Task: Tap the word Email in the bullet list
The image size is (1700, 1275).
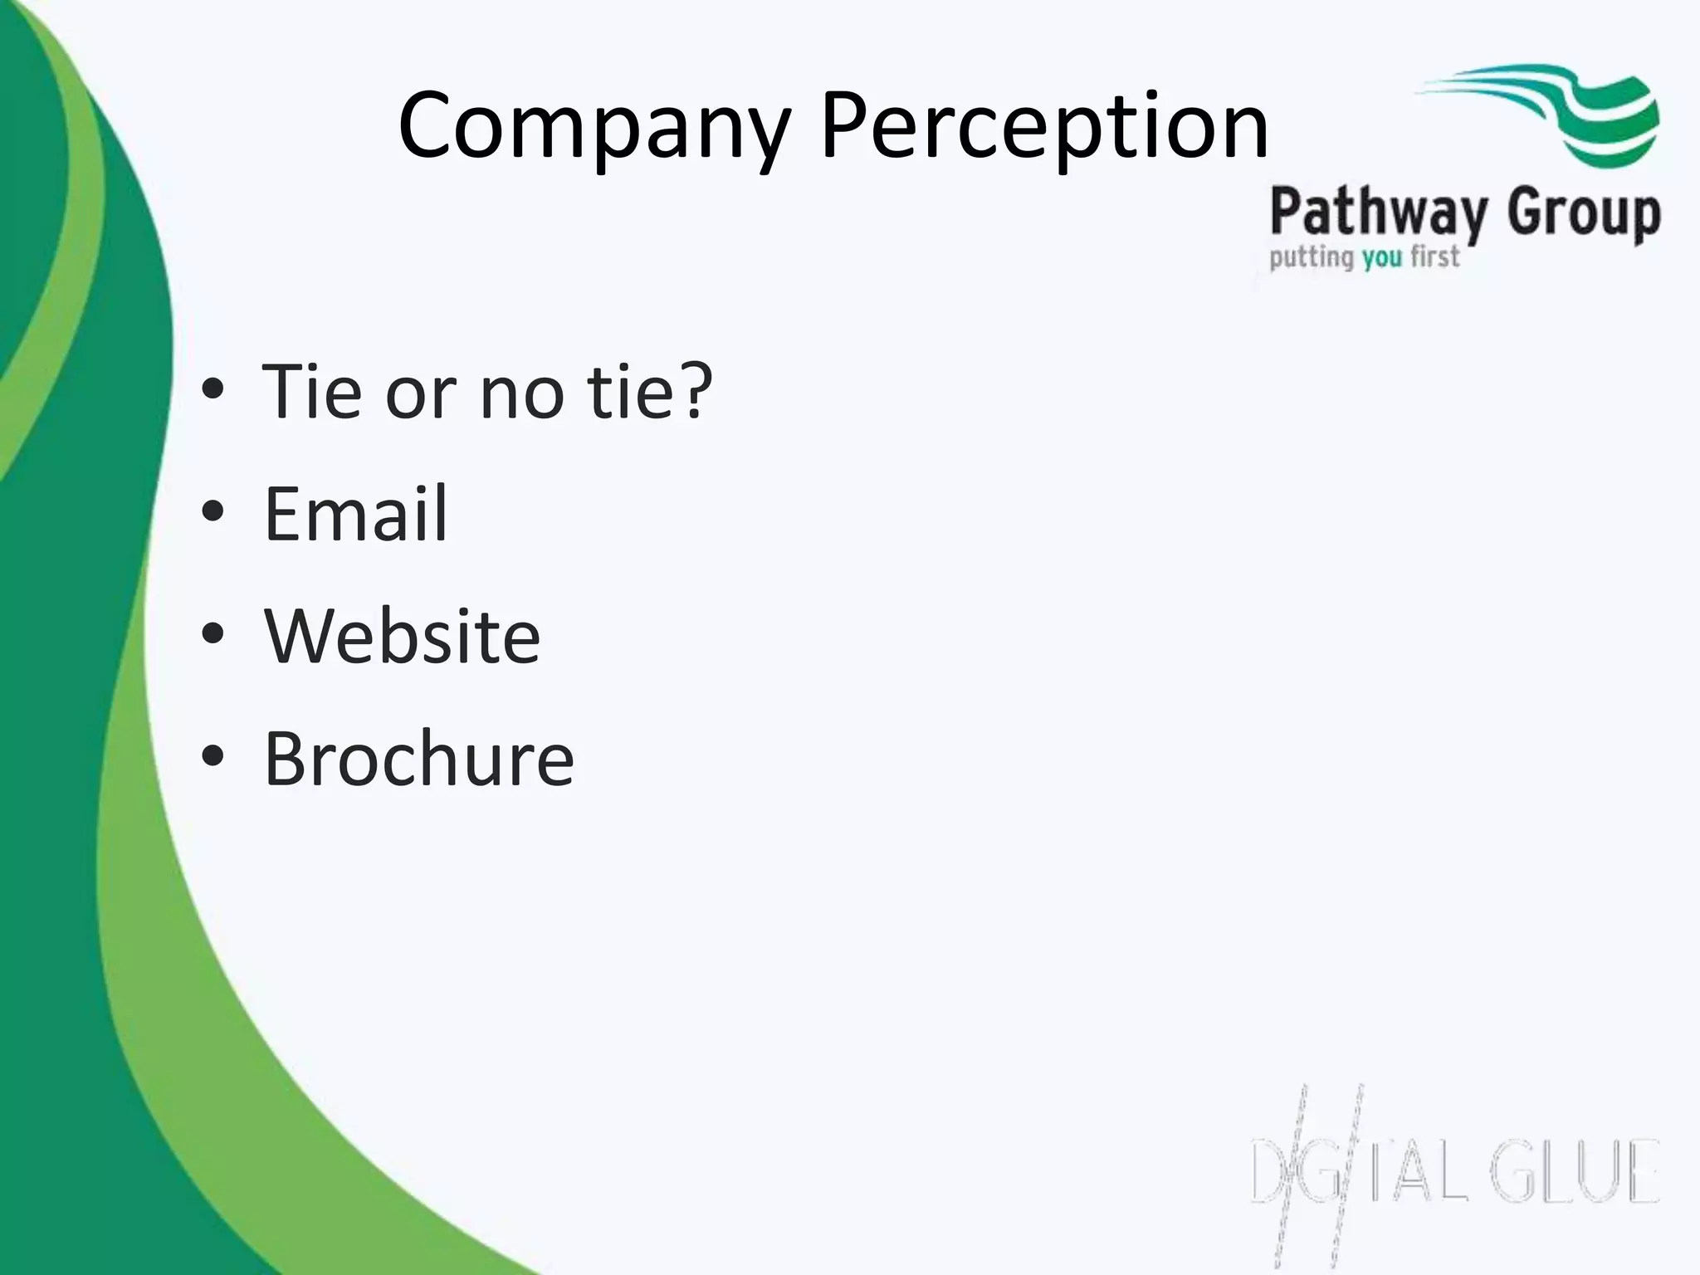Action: tap(355, 515)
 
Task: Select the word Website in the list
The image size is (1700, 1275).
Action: tap(402, 637)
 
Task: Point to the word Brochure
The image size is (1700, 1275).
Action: tap(418, 759)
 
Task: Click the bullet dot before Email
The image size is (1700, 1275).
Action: tap(213, 512)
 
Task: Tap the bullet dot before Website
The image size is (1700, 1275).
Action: tap(213, 634)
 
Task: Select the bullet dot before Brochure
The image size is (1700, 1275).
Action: tap(213, 756)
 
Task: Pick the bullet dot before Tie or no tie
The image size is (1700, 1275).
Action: tap(213, 389)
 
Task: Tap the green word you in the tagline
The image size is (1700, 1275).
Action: tap(1382, 258)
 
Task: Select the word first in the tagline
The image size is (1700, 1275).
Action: tap(1434, 256)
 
